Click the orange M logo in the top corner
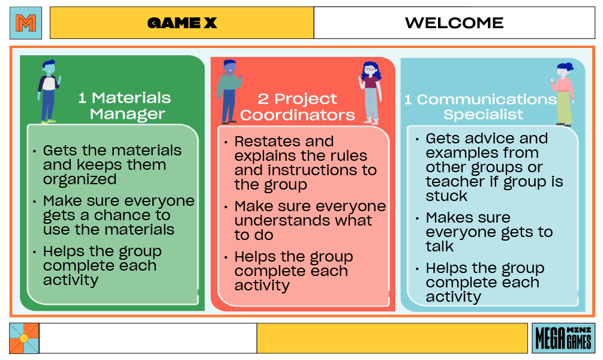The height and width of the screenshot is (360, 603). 26,23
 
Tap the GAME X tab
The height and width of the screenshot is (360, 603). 182,23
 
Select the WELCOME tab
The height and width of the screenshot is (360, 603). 454,23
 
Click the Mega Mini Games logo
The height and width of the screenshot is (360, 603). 563,338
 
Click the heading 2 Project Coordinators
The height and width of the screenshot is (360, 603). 298,107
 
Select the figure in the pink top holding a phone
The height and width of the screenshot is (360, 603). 563,94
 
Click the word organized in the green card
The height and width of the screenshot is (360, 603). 80,179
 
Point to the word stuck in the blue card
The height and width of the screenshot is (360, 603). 446,196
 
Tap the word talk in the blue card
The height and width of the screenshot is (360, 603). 439,247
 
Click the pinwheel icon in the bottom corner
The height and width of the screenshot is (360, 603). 24,338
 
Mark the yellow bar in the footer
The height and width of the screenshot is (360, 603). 392,338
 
